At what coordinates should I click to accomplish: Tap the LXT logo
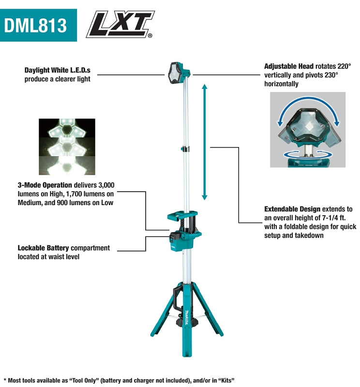[120, 25]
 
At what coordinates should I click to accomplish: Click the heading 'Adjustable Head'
[289, 66]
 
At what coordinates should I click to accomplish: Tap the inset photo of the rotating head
[307, 129]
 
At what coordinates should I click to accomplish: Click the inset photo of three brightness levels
[67, 146]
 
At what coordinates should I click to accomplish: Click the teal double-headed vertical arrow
[205, 142]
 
